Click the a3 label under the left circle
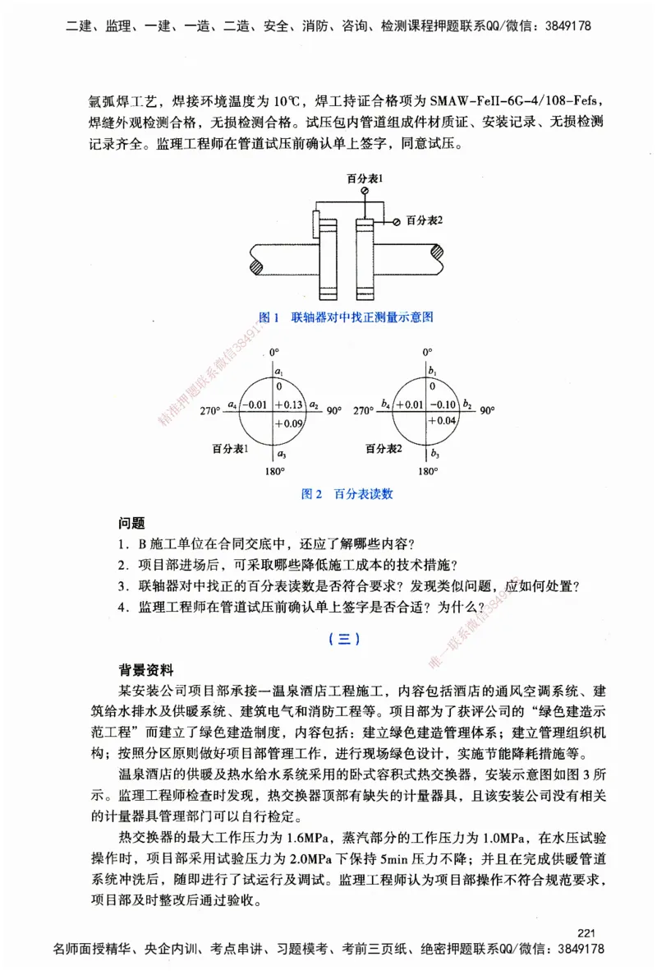(281, 454)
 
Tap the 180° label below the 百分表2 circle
(427, 472)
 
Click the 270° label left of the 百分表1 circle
(210, 410)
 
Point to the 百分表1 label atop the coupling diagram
(365, 178)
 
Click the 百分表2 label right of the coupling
(424, 220)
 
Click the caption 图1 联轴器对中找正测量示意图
(346, 317)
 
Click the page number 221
(586, 932)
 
